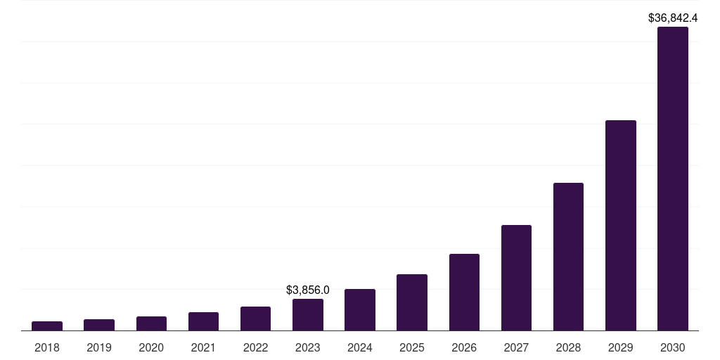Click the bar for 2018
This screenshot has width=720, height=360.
(47, 326)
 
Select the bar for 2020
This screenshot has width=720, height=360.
(151, 323)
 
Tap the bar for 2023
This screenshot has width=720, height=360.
(308, 314)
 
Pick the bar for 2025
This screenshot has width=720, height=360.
(412, 302)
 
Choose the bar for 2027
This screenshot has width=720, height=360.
(516, 278)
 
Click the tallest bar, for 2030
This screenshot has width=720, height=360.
(673, 179)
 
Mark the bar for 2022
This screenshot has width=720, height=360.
(255, 319)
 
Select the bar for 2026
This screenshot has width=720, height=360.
(464, 292)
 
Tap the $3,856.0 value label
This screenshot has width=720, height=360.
(308, 290)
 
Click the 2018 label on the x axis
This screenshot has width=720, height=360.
(47, 347)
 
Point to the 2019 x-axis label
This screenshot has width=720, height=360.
(99, 347)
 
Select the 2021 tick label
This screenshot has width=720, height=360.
(203, 347)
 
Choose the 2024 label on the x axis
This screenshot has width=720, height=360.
(360, 347)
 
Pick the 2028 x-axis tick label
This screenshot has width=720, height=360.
(568, 347)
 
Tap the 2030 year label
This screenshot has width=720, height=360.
(673, 347)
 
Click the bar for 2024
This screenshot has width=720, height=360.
(360, 309)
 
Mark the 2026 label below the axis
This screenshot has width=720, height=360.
(464, 347)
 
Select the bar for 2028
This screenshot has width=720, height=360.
(568, 257)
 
